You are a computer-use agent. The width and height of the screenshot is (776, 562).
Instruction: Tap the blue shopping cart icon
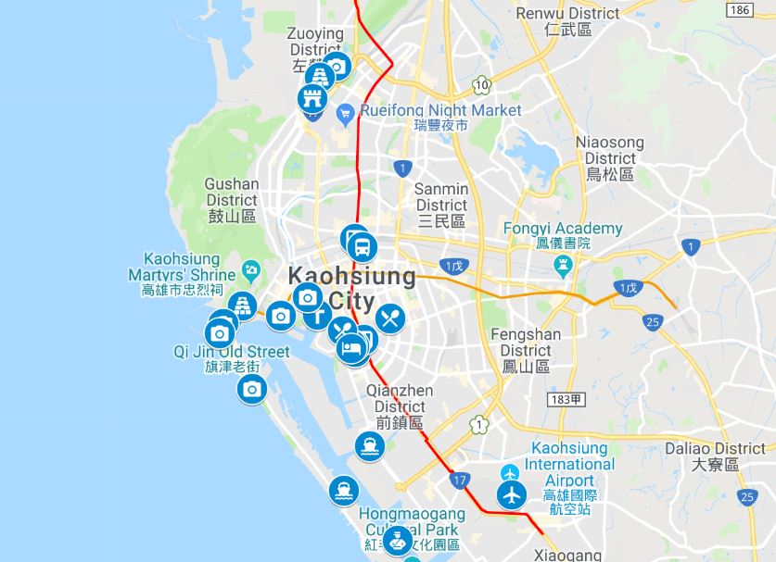tap(345, 113)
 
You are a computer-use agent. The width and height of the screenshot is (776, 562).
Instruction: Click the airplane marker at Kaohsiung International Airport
tap(512, 494)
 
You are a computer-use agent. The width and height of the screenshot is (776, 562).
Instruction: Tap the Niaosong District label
tap(609, 157)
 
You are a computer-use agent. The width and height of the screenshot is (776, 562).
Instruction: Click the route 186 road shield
tap(740, 10)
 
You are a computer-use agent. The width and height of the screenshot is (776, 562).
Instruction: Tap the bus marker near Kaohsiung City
tap(363, 248)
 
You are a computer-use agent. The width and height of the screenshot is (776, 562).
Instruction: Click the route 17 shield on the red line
tap(461, 480)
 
